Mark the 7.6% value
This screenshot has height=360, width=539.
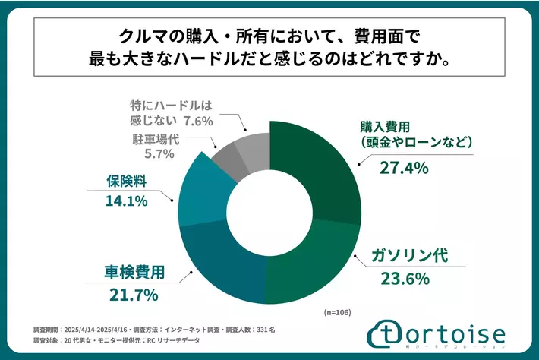(198, 120)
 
